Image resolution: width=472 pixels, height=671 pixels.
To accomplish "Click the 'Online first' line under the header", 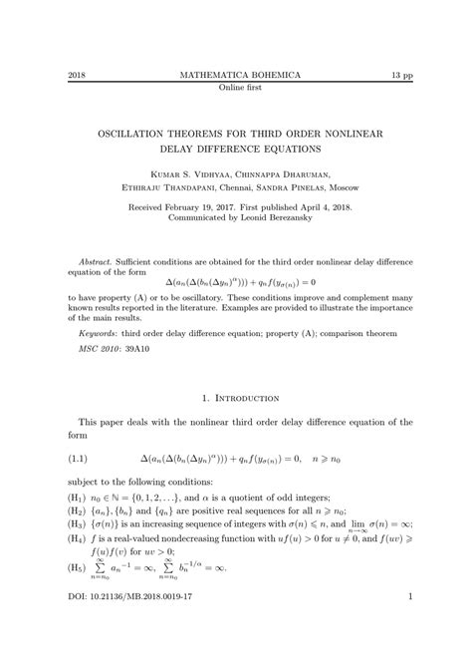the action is [x=236, y=89].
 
